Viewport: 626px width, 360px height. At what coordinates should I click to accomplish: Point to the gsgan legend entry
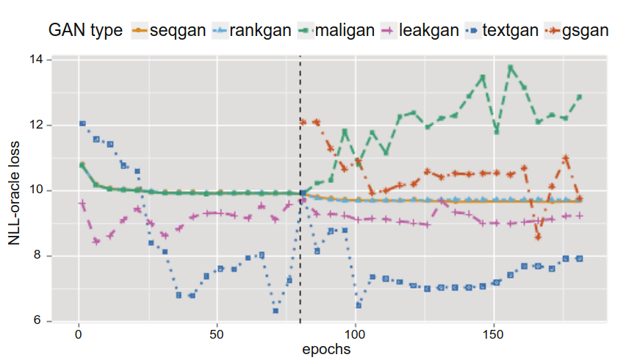(x=586, y=30)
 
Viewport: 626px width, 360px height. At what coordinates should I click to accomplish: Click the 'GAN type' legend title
(x=85, y=30)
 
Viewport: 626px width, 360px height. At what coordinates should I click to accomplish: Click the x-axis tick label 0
(x=79, y=334)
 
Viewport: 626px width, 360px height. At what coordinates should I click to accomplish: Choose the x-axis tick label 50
(x=217, y=334)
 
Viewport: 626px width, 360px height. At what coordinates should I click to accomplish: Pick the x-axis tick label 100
(x=356, y=334)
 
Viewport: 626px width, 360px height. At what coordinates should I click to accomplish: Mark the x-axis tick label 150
(x=494, y=334)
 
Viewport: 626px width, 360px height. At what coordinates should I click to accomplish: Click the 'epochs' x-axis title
(x=325, y=349)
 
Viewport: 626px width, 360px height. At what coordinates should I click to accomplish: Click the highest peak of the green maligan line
(x=511, y=68)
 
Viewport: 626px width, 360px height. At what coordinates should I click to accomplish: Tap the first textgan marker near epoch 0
(x=82, y=123)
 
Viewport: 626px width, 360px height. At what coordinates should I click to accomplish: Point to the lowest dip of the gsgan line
(x=539, y=237)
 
